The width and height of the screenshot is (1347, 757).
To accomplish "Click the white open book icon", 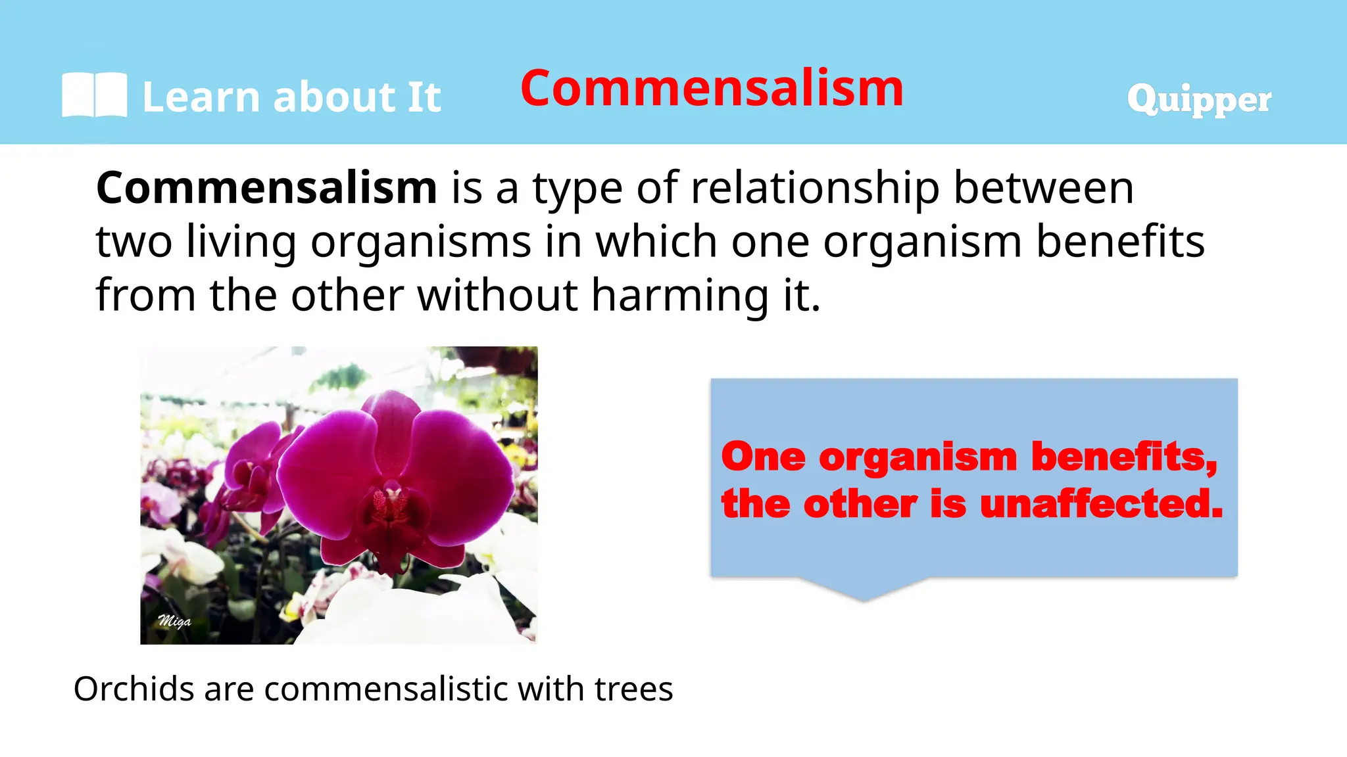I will tap(94, 96).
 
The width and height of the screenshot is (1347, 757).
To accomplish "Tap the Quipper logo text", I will tap(1198, 100).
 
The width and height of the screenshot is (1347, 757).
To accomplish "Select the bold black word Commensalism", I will tap(266, 189).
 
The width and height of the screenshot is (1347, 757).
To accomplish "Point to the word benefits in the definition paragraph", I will tap(1120, 242).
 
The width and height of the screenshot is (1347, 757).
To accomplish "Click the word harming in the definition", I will tap(679, 295).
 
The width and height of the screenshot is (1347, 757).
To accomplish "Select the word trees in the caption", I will tap(633, 689).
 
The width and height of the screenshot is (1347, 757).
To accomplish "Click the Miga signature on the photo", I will tap(174, 621).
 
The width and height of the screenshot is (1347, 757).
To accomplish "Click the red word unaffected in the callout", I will tap(1101, 505).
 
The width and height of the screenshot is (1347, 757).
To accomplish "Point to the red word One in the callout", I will tap(763, 457).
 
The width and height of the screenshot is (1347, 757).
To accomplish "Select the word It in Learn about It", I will tap(424, 98).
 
